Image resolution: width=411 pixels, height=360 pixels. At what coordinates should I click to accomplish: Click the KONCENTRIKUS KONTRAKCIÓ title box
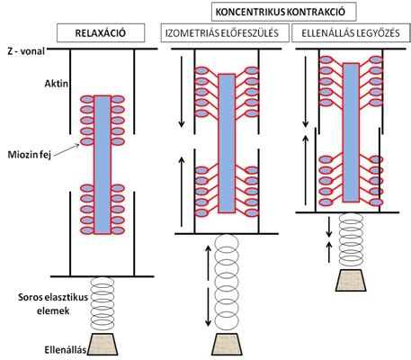point(284,12)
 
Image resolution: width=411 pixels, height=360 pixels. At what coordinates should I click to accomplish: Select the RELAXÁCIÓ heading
point(101,33)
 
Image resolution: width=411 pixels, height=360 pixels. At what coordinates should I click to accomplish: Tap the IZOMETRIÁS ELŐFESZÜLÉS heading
point(222,33)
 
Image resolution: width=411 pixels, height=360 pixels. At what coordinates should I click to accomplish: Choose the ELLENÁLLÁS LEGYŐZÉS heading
point(351,33)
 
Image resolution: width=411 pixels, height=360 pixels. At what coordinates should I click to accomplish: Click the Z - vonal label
point(26,51)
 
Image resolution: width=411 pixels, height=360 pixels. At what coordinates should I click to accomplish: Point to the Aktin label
point(57,83)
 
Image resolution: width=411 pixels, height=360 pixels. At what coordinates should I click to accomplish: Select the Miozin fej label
point(30,155)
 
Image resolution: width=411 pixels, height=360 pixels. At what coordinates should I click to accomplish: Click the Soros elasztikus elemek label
point(53,303)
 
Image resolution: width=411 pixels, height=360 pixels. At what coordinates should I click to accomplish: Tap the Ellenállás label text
point(66,350)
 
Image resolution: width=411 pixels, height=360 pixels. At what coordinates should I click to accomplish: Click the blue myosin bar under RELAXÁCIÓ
point(103,165)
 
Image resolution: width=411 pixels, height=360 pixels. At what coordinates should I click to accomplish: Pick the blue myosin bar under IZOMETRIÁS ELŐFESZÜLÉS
point(227,143)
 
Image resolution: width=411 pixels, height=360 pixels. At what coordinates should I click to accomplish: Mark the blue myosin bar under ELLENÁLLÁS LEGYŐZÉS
point(351,132)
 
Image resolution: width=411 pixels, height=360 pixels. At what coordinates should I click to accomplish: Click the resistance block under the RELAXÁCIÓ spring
point(103,344)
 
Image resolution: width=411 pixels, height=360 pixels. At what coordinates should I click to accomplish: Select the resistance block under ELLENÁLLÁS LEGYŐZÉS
point(351,280)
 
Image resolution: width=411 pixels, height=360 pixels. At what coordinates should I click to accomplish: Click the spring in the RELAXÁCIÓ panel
point(103,303)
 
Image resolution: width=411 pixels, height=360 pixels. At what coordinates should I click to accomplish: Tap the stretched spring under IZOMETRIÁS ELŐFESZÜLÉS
point(227,283)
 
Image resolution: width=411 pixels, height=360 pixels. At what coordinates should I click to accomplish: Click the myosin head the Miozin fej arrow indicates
point(87,141)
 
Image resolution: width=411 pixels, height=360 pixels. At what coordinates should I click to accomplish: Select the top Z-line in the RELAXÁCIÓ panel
point(103,49)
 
